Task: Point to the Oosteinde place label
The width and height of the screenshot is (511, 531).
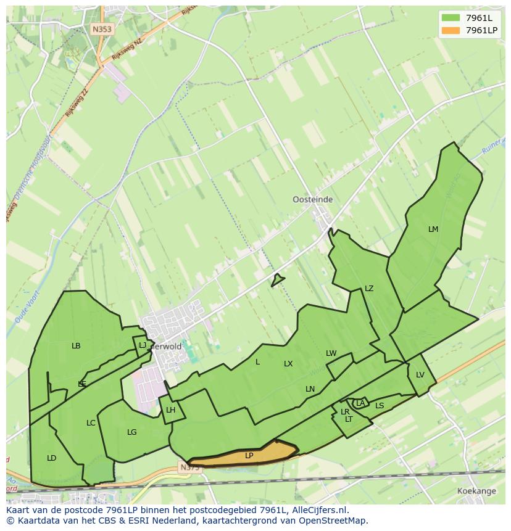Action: (312, 200)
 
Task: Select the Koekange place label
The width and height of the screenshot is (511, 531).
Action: (477, 491)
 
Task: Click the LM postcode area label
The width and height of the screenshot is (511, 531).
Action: (433, 229)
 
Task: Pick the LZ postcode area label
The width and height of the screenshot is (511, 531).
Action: (369, 289)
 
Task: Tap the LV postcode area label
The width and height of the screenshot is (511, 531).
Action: (420, 375)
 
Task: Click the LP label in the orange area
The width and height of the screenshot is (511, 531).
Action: (249, 456)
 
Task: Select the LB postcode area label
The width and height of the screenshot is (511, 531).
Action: (76, 346)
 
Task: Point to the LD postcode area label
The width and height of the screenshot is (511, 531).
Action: (51, 458)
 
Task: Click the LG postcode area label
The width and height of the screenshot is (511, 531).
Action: (131, 432)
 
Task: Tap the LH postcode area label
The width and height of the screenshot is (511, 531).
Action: (170, 410)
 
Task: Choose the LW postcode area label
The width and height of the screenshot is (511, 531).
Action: (331, 353)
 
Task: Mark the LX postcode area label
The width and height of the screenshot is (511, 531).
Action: (288, 364)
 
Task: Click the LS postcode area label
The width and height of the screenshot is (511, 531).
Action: (380, 406)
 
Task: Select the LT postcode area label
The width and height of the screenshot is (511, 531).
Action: (349, 419)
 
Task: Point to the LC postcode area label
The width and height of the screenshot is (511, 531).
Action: (91, 423)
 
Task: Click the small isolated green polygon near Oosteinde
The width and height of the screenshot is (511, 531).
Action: (277, 280)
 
